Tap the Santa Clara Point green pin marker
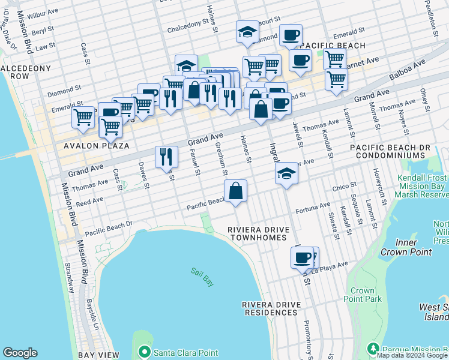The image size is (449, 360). [x=143, y=352]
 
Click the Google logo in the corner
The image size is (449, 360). [x=20, y=353]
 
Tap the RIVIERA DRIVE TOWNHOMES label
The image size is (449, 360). [x=258, y=234]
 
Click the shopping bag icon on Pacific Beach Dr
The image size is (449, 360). [x=237, y=191]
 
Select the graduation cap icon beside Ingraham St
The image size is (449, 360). [x=287, y=174]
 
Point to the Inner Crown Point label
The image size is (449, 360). [x=414, y=247]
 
